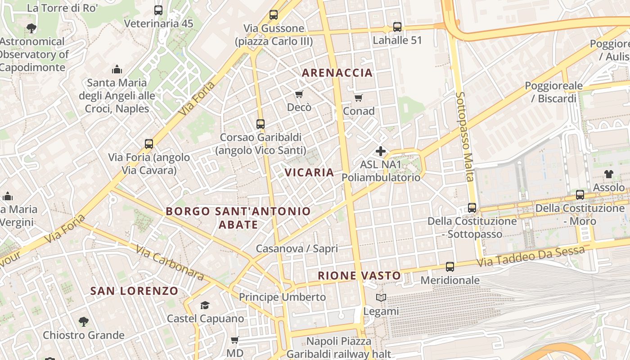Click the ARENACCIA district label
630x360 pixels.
pyautogui.click(x=337, y=72)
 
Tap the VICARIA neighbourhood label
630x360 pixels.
pyautogui.click(x=309, y=172)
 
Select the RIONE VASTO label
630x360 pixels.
pyautogui.click(x=359, y=275)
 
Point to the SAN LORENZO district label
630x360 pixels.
pyautogui.click(x=135, y=291)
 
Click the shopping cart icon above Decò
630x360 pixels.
pyautogui.click(x=299, y=94)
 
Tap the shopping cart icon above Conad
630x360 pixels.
pyautogui.click(x=358, y=98)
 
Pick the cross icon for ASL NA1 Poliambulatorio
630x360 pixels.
pyautogui.click(x=381, y=151)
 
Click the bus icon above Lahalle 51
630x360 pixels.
pyautogui.click(x=397, y=27)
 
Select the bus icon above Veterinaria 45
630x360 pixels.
pyautogui.click(x=158, y=10)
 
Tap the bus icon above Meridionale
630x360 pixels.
pyautogui.click(x=450, y=267)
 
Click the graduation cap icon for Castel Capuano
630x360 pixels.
pyautogui.click(x=205, y=306)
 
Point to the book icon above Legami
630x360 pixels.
pyautogui.click(x=381, y=298)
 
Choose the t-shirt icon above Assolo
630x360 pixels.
pyautogui.click(x=608, y=174)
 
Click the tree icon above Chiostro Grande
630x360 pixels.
pyautogui.click(x=83, y=322)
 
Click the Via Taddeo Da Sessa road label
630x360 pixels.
pyautogui.click(x=531, y=255)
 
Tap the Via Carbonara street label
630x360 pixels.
pyautogui.click(x=169, y=263)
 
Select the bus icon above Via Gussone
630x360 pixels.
pyautogui.click(x=273, y=15)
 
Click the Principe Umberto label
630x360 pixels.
pyautogui.click(x=282, y=297)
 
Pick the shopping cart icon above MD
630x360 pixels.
pyautogui.click(x=234, y=340)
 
